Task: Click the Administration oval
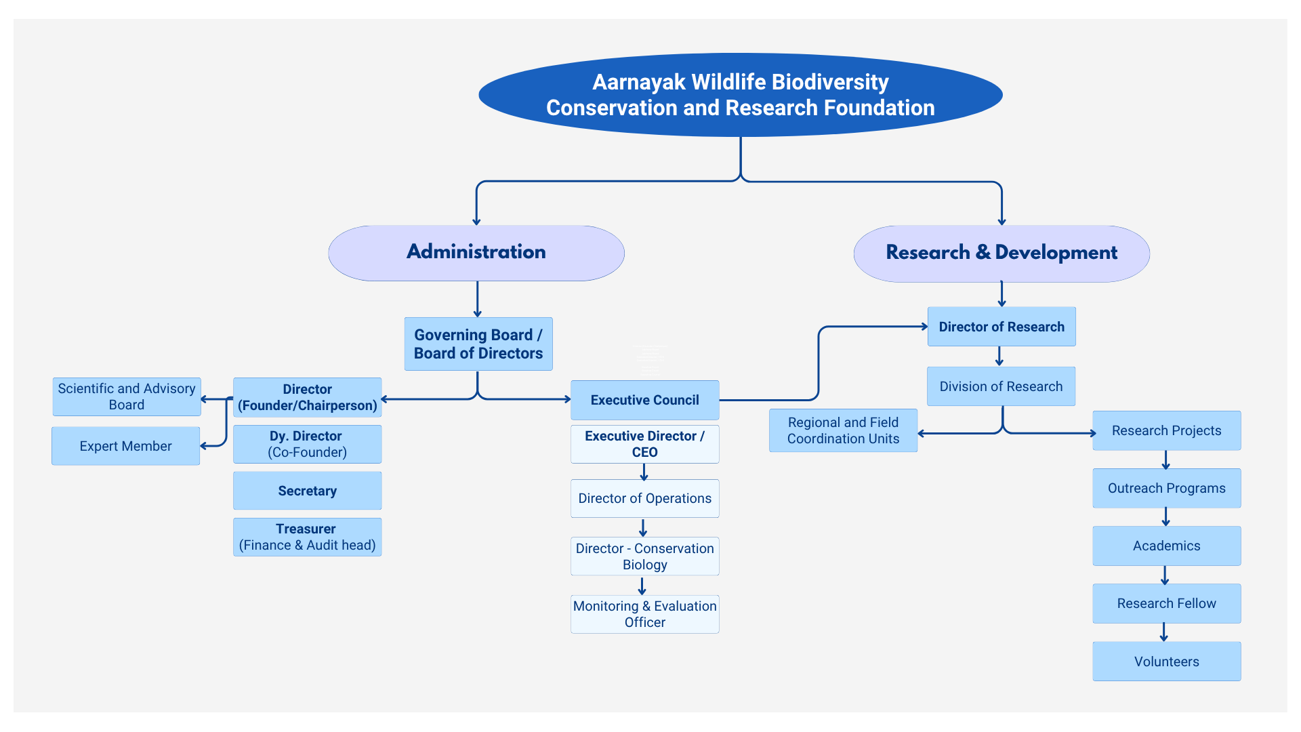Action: (476, 253)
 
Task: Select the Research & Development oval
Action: (1001, 253)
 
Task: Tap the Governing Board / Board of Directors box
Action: (478, 344)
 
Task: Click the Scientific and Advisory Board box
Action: (127, 396)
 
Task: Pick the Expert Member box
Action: (126, 446)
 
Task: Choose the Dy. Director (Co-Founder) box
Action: (307, 444)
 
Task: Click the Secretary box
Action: (307, 491)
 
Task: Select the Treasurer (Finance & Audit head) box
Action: (307, 537)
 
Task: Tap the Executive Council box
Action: (644, 400)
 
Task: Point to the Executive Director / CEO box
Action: (644, 444)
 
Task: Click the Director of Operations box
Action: (644, 498)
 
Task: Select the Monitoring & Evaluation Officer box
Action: (644, 614)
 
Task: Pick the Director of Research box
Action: (1001, 327)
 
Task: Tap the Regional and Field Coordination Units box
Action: (843, 430)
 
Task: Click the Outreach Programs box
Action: (1166, 488)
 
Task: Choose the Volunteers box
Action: (1166, 662)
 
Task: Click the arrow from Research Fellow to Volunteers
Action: (1164, 632)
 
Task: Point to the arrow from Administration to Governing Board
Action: (478, 300)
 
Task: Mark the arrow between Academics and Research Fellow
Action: (1165, 575)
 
